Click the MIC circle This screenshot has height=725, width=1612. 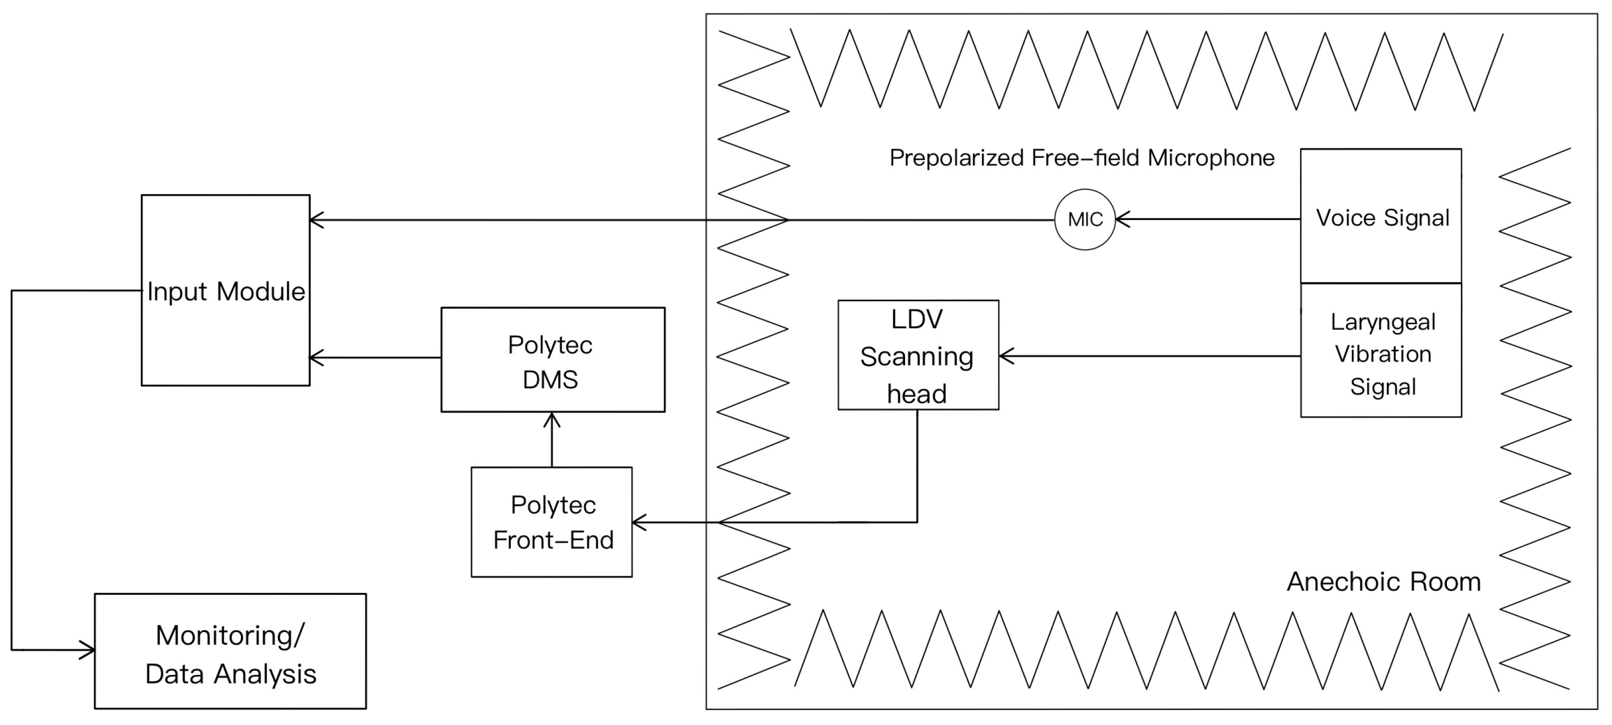point(1085,220)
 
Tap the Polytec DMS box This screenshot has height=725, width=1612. point(553,360)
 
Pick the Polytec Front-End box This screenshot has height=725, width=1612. point(551,522)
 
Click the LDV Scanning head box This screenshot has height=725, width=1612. point(918,355)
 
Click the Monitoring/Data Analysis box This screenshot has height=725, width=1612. point(230,651)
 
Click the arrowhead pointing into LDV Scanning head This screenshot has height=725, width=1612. point(1005,356)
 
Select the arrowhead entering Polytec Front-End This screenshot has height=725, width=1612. point(638,522)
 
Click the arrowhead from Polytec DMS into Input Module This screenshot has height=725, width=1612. point(315,357)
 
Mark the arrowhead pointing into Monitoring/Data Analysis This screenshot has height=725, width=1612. point(88,650)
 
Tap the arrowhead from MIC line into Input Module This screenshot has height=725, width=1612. point(315,220)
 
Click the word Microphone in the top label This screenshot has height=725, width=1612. point(1211,158)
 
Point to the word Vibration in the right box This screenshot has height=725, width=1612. point(1382,354)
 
